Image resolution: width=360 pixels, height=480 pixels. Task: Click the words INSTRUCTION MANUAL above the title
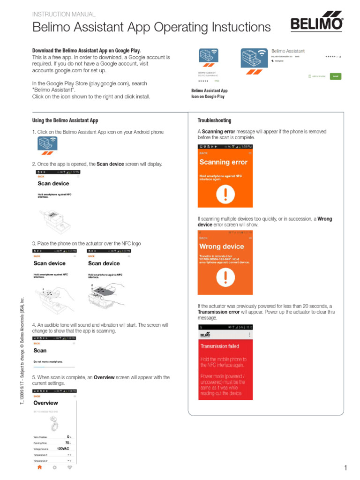point(64,15)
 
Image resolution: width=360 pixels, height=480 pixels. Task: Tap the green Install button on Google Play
point(335,75)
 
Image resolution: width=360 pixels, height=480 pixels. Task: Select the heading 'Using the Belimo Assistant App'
point(65,120)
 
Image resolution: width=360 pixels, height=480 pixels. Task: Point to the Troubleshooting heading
point(214,120)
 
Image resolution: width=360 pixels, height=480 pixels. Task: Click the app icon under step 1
point(47,146)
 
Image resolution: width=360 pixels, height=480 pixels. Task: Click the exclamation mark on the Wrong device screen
point(225,279)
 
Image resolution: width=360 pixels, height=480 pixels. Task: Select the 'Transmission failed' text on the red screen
point(220,346)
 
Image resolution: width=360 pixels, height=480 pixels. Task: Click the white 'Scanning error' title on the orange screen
point(223,163)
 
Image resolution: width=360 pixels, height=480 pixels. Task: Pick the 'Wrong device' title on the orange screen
point(222,247)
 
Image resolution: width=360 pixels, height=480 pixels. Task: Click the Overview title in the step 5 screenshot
point(46,403)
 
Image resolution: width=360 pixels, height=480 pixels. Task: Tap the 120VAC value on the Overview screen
point(63,449)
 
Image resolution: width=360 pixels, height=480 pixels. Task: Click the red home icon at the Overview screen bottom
point(40,467)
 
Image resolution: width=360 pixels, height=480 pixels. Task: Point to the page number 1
point(345,468)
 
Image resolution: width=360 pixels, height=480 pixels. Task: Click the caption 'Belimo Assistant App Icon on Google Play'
point(209,93)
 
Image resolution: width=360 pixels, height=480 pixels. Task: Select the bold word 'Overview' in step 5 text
point(105,377)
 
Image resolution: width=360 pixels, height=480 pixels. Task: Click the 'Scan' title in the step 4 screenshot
point(40,350)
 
